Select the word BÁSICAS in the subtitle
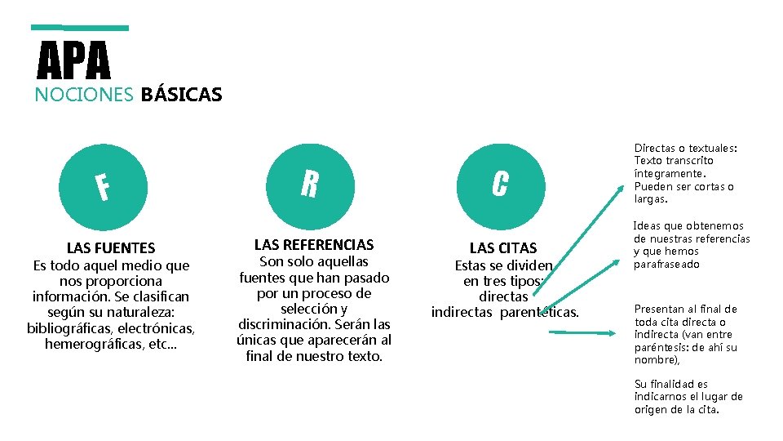(181, 95)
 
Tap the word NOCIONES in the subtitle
(84, 95)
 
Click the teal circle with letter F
(100, 187)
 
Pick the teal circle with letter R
(309, 185)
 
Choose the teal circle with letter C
(500, 185)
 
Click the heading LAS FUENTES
(111, 247)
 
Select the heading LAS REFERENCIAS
(314, 244)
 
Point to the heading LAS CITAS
(503, 247)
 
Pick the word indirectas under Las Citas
(462, 312)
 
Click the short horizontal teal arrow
(577, 332)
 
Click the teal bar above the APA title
(80, 28)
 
